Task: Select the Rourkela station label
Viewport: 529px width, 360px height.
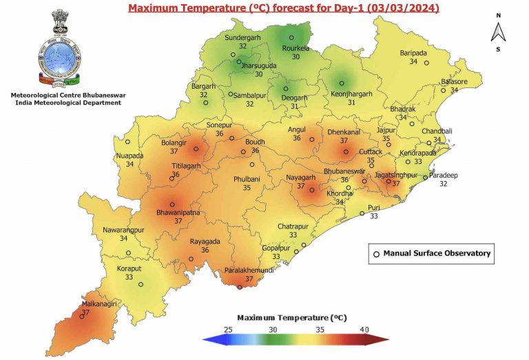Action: [x=294, y=48]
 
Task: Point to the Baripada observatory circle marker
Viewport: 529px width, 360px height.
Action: [x=427, y=63]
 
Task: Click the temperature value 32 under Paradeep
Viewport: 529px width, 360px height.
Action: [x=444, y=184]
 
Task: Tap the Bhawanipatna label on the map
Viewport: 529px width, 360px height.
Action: [x=178, y=213]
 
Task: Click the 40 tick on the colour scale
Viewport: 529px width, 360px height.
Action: [x=363, y=330]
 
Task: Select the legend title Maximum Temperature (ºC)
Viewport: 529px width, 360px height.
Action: [x=291, y=318]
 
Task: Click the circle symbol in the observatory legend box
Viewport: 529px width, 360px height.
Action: [x=376, y=254]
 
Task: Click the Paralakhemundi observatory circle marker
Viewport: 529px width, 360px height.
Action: [x=240, y=288]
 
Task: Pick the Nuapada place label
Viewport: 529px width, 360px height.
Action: [x=130, y=156]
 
